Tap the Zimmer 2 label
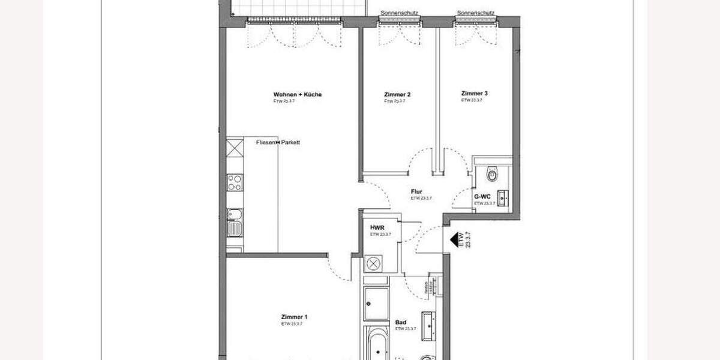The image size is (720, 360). (x=397, y=95)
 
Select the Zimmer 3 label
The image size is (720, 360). (x=474, y=94)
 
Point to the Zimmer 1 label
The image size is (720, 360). (x=294, y=317)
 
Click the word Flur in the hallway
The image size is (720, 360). (x=416, y=191)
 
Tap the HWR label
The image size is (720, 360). (x=377, y=227)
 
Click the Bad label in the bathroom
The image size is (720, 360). (x=401, y=322)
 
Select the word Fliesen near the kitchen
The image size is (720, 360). (x=266, y=142)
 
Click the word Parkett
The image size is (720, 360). (x=290, y=142)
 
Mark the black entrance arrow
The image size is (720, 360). (x=451, y=241)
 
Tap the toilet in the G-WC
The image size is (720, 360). (x=493, y=175)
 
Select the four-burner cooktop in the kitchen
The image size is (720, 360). (x=234, y=182)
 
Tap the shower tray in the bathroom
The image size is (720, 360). (x=376, y=304)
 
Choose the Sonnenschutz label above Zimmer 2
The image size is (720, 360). (x=400, y=13)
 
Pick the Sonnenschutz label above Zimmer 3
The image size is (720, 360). (x=475, y=13)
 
